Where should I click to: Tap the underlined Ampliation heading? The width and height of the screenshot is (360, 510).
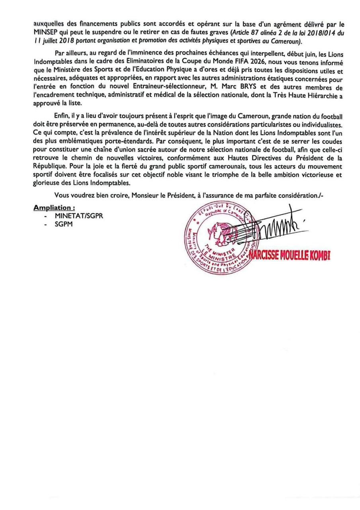coord(54,208)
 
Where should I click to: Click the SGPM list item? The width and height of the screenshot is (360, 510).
coord(64,224)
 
